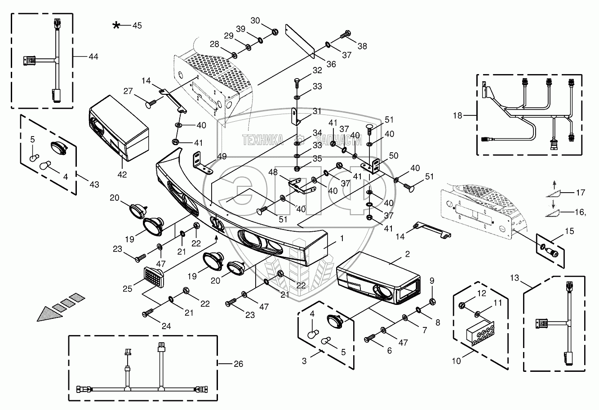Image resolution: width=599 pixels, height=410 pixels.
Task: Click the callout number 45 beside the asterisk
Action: [x=137, y=26]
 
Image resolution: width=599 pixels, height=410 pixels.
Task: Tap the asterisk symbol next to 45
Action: [x=116, y=26]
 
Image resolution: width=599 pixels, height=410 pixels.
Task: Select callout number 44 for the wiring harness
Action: [x=93, y=57]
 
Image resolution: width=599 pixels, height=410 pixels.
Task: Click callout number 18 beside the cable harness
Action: [x=457, y=115]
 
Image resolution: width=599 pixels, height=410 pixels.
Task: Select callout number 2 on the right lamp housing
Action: [x=407, y=254]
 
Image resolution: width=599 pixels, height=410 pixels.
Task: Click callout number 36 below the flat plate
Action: [x=331, y=64]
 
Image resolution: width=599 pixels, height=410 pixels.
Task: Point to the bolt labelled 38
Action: [x=346, y=34]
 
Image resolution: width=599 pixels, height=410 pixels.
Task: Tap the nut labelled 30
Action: [x=274, y=31]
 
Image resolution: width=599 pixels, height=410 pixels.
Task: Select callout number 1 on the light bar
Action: [x=342, y=239]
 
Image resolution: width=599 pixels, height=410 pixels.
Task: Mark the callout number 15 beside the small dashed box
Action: [x=570, y=231]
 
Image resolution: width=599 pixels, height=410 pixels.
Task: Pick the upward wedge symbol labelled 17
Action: [x=556, y=194]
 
